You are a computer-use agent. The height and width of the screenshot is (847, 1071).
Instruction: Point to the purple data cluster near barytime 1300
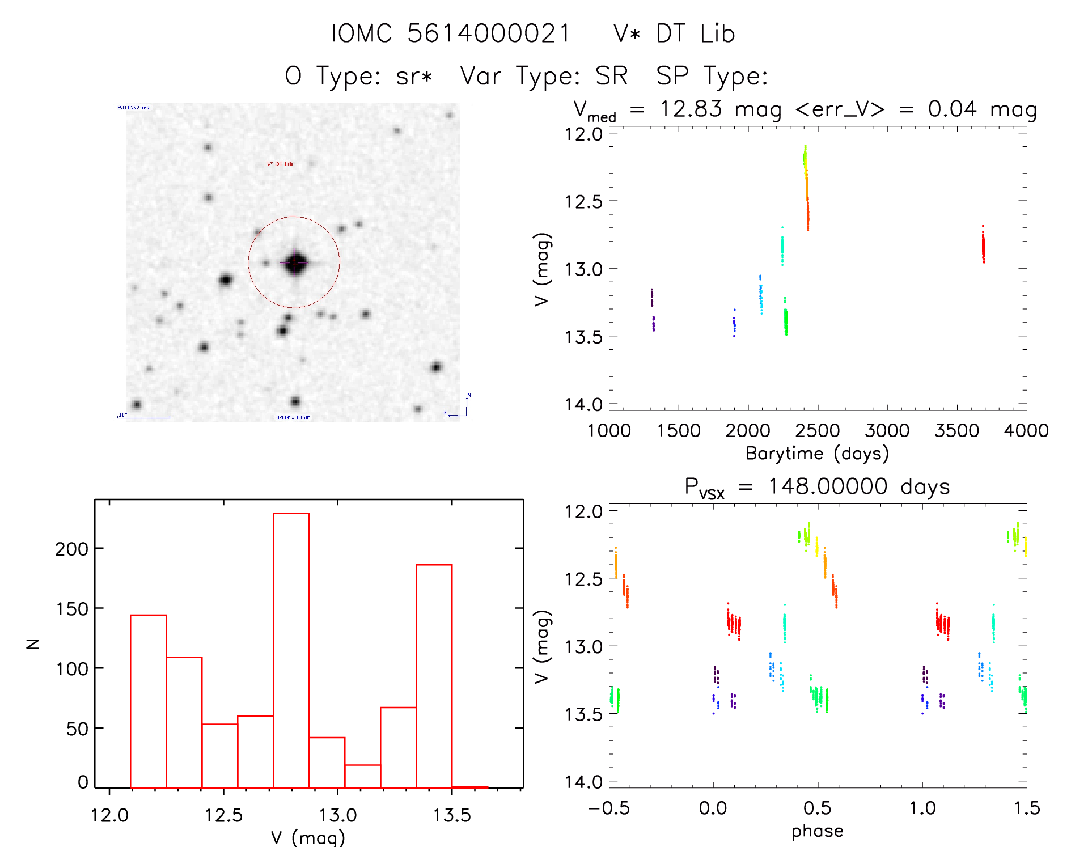pos(653,309)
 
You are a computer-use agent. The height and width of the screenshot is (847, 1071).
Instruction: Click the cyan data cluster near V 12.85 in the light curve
pos(782,249)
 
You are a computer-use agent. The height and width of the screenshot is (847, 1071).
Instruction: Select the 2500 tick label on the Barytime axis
pos(818,431)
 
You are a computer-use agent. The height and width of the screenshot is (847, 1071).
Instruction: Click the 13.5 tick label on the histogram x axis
pos(452,815)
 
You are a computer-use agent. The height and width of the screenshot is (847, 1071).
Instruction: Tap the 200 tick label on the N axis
pos(71,549)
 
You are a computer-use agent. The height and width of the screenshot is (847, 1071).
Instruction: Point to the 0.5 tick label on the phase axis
pos(818,808)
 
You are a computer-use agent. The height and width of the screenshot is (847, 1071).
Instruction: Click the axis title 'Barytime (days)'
pos(817,454)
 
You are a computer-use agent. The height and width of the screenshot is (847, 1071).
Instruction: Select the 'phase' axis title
pos(817,831)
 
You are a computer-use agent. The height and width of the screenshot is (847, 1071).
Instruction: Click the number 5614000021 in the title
pos(489,33)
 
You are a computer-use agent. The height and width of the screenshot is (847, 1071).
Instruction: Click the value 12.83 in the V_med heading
pos(691,109)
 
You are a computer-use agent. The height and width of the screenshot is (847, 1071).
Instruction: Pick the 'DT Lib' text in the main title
pos(695,33)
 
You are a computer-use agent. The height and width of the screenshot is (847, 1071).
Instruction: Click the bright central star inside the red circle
pos(294,262)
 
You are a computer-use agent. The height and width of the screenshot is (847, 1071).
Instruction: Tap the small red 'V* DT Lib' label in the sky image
pos(280,164)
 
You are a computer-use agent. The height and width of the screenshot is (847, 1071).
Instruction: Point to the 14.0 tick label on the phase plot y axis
pos(583,782)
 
